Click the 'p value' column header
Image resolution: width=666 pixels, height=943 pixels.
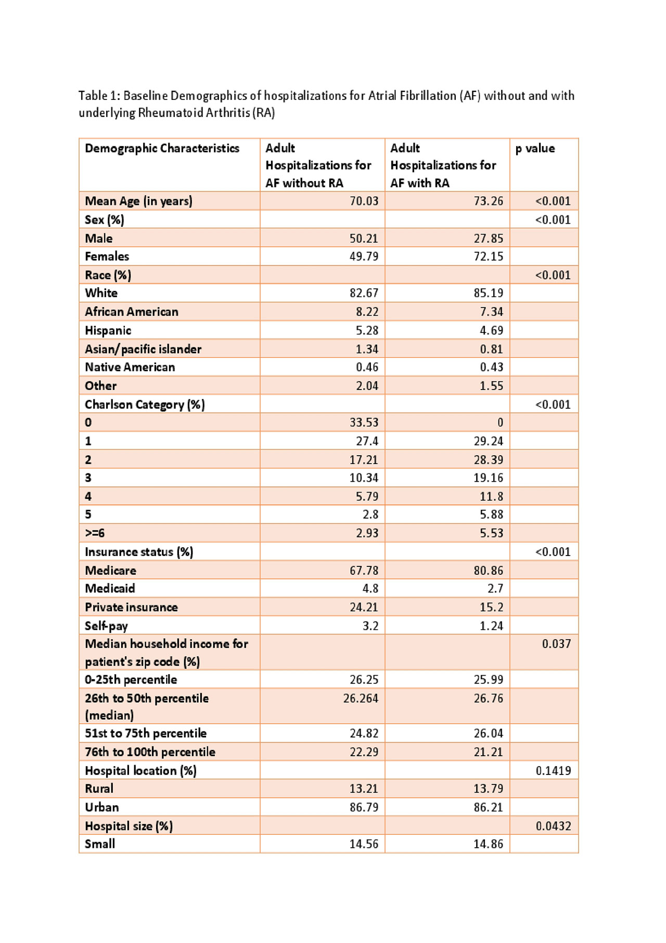pyautogui.click(x=535, y=149)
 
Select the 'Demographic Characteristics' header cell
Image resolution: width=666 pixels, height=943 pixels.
pyautogui.click(x=162, y=149)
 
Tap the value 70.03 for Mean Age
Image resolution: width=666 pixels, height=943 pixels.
pyautogui.click(x=364, y=201)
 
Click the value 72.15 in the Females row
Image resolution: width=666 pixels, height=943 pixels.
pyautogui.click(x=488, y=256)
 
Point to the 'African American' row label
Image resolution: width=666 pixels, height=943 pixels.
pyautogui.click(x=132, y=312)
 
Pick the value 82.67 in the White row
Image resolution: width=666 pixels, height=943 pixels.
pyautogui.click(x=364, y=293)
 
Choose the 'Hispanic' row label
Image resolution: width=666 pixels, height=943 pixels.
pyautogui.click(x=108, y=331)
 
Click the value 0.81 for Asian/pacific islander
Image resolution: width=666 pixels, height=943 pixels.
pyautogui.click(x=491, y=350)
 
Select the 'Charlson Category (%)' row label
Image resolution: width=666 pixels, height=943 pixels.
pyautogui.click(x=145, y=405)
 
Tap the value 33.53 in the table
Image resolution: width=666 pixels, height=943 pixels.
pyautogui.click(x=364, y=423)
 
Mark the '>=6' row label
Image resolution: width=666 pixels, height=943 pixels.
pyautogui.click(x=95, y=533)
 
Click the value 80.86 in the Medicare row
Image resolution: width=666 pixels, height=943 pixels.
pyautogui.click(x=488, y=571)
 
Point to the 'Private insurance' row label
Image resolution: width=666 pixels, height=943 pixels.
pyautogui.click(x=131, y=608)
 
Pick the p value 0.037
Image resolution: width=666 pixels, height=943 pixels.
pyautogui.click(x=556, y=644)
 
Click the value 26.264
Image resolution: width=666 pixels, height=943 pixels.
pyautogui.click(x=361, y=699)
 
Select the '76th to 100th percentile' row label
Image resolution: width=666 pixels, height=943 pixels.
pyautogui.click(x=150, y=752)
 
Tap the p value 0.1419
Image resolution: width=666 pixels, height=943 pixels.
pyautogui.click(x=553, y=771)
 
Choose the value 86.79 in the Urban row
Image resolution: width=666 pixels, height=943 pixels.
pyautogui.click(x=364, y=808)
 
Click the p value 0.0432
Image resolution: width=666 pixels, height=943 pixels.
pyautogui.click(x=553, y=826)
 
